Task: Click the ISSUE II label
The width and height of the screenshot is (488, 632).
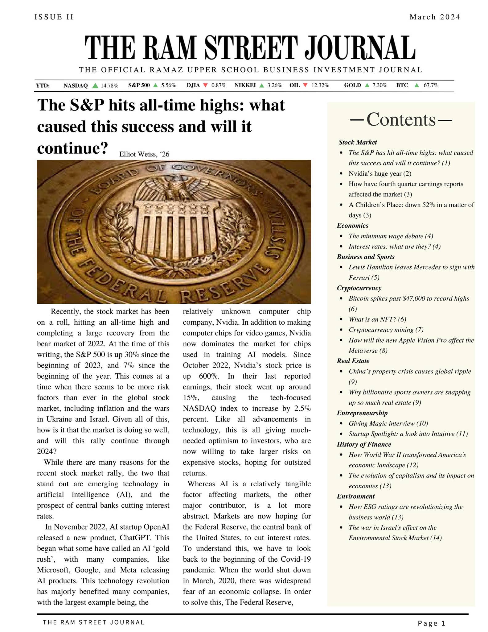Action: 54,17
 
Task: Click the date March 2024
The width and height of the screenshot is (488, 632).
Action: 434,17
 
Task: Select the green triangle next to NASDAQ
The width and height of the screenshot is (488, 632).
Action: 95,85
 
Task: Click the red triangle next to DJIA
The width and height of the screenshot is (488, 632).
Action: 205,85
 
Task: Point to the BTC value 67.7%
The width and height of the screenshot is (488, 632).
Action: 431,85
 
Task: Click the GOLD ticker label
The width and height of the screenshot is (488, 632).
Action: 352,85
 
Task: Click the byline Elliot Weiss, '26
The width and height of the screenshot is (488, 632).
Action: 144,154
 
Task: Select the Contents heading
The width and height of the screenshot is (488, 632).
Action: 401,120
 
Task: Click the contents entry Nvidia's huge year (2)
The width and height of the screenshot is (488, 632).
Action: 380,174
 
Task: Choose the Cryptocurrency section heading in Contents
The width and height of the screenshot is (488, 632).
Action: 359,288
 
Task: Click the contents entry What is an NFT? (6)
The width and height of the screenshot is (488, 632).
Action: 377,319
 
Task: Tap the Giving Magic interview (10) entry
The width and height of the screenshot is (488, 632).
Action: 388,424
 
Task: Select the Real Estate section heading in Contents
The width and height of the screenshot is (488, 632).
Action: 353,361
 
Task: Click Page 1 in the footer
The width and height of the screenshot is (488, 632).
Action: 431,623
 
